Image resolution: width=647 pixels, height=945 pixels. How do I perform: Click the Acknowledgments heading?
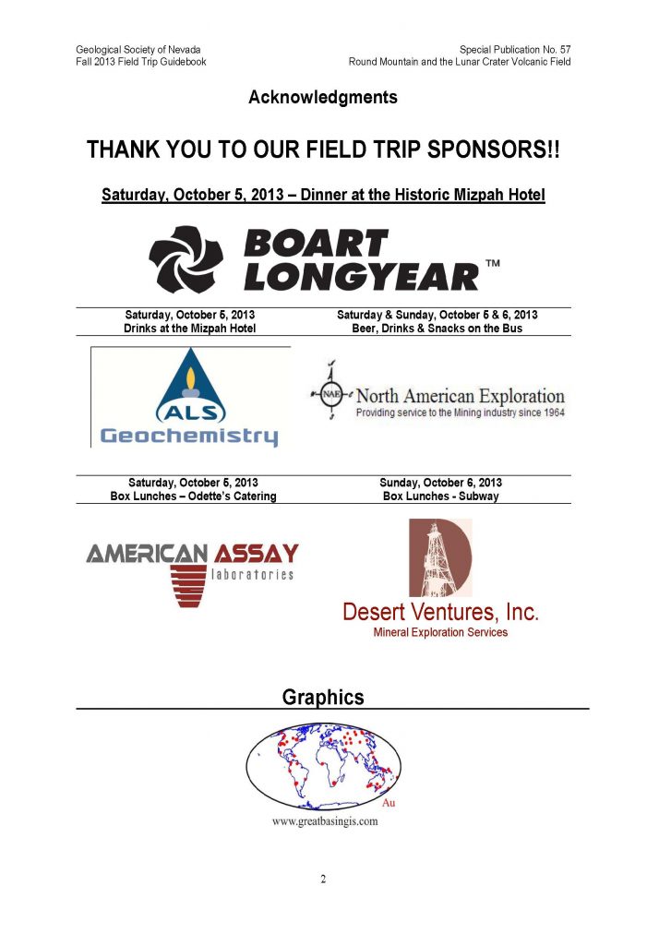[323, 97]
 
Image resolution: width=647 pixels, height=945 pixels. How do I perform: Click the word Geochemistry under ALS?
[189, 436]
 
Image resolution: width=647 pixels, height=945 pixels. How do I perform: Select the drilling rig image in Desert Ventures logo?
[439, 558]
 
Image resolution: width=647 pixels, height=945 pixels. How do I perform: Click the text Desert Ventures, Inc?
[440, 612]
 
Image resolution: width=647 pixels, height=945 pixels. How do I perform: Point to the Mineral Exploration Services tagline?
[440, 633]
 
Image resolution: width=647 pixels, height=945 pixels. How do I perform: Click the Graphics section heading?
[323, 698]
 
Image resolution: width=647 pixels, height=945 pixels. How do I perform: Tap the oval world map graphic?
[323, 764]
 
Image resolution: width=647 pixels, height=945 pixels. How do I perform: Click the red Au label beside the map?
[389, 803]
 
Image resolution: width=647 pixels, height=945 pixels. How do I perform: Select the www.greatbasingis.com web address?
[324, 822]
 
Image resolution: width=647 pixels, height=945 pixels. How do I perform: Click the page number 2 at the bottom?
[323, 879]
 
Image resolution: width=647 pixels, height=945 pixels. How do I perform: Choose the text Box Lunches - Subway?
[440, 496]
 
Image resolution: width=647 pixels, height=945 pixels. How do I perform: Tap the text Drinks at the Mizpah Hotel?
[189, 329]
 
